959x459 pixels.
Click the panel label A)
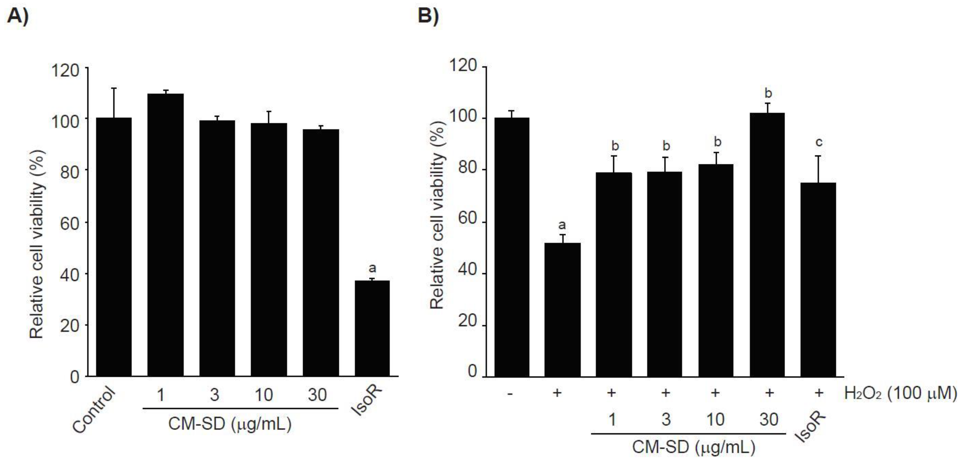click(17, 17)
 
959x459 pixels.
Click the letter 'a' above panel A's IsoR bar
click(372, 268)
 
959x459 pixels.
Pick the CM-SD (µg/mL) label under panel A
click(230, 424)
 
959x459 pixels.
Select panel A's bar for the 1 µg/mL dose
click(165, 235)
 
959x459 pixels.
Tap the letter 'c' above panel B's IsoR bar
click(819, 142)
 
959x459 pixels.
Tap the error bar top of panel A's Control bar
click(114, 88)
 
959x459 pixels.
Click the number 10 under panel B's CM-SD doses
click(715, 420)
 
